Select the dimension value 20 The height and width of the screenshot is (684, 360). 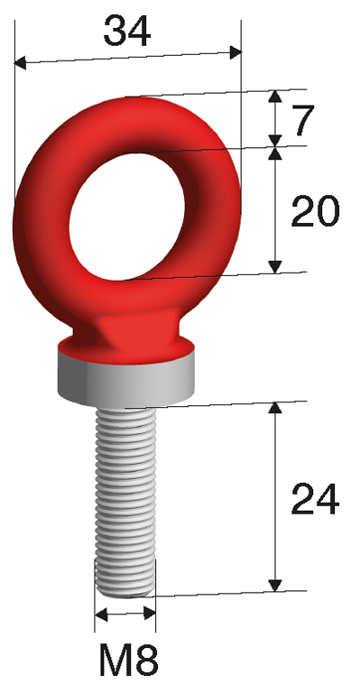(x=315, y=212)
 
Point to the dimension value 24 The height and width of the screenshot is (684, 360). (x=315, y=498)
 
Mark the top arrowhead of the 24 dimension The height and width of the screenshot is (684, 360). (x=276, y=408)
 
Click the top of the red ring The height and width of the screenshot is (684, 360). (x=126, y=101)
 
